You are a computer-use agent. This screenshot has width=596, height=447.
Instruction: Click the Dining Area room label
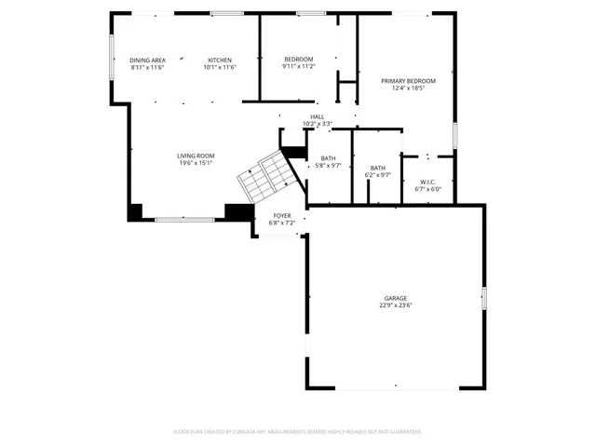(x=147, y=60)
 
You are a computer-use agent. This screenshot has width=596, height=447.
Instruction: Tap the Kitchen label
(x=220, y=60)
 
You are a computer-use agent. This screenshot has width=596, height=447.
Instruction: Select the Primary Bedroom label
(x=408, y=81)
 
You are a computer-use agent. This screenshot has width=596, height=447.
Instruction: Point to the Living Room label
(x=196, y=156)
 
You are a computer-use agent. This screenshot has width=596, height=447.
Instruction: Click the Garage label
(x=396, y=298)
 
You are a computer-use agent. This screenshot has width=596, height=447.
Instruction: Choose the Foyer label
(x=281, y=215)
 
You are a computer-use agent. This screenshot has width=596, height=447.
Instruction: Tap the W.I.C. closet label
(x=428, y=182)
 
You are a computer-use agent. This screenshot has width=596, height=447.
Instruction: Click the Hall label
(x=318, y=116)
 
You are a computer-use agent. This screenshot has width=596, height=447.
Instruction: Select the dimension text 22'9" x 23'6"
(x=396, y=305)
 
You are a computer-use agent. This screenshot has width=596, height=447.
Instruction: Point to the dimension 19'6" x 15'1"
(x=196, y=163)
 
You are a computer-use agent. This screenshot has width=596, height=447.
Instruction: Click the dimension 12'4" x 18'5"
(x=408, y=88)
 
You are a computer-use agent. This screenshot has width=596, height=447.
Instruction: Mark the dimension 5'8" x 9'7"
(x=328, y=166)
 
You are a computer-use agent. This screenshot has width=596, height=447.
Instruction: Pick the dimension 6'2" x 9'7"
(x=378, y=175)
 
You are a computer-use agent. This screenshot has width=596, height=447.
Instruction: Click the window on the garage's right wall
(x=484, y=297)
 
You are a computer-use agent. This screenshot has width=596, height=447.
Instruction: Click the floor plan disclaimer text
(x=298, y=432)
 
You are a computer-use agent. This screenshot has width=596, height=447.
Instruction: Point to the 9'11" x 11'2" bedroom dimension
(x=298, y=67)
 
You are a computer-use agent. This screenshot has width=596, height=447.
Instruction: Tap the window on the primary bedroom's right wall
(x=454, y=135)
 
